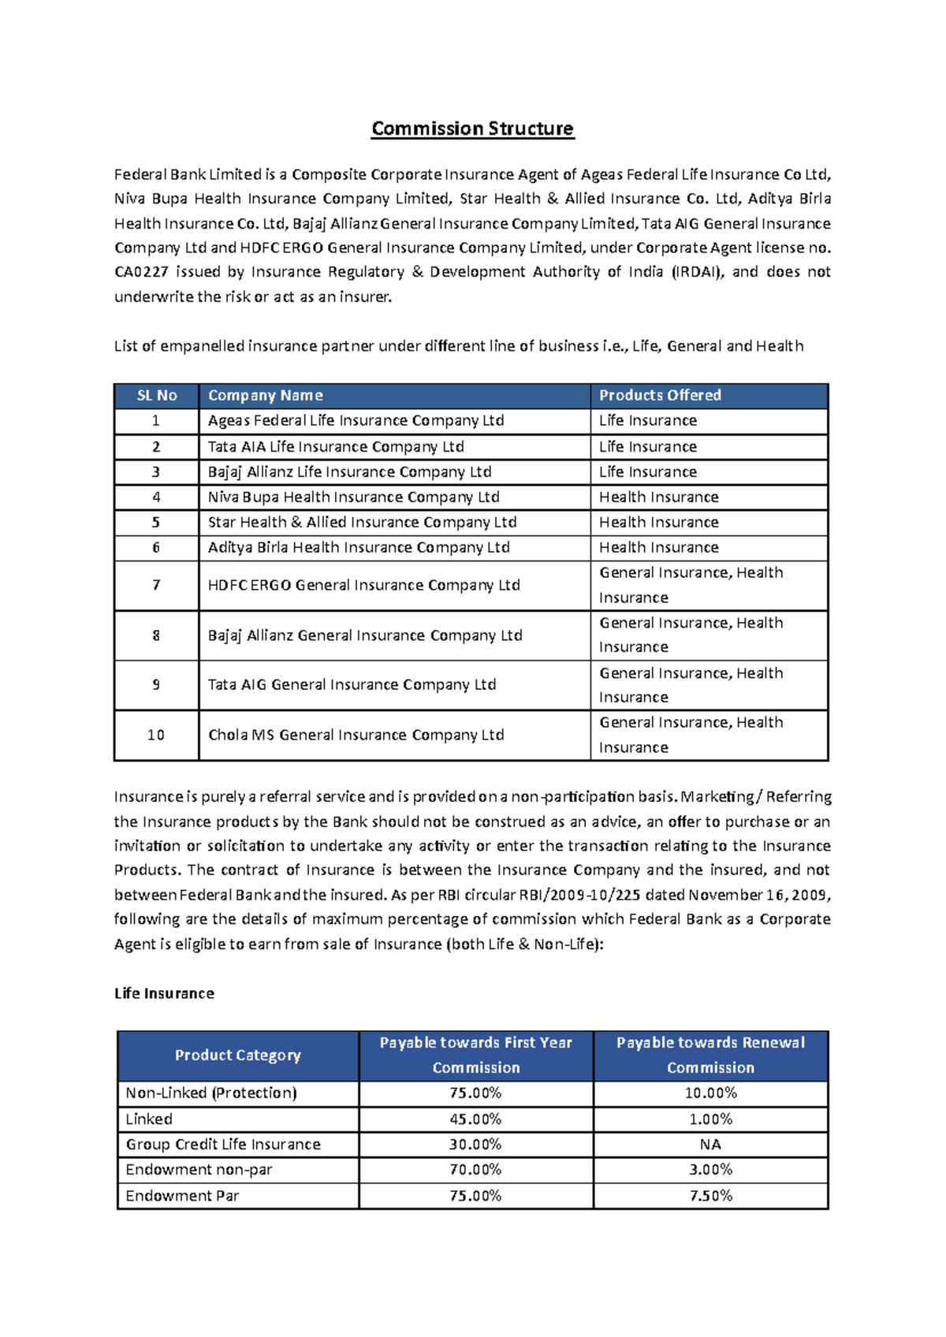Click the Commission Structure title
click(x=472, y=128)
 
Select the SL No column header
click(x=156, y=396)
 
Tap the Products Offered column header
click(x=660, y=396)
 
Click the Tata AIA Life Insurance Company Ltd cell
click(x=336, y=447)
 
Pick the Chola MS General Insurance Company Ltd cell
click(x=356, y=735)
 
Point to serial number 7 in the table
click(x=156, y=585)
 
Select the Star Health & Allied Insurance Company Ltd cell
click(x=362, y=523)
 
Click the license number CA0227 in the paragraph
click(x=140, y=272)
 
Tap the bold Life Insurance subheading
click(x=164, y=993)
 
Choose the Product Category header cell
click(x=237, y=1056)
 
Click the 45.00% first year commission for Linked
click(x=475, y=1119)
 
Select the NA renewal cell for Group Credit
click(x=710, y=1145)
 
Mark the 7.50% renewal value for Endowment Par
click(x=710, y=1196)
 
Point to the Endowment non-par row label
click(x=199, y=1170)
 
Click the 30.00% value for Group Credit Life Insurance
click(x=475, y=1145)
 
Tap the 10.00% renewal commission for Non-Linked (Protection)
click(x=710, y=1093)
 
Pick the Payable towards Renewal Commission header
click(x=710, y=1056)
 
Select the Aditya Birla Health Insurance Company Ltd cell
click(x=359, y=548)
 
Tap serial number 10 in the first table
click(x=156, y=736)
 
